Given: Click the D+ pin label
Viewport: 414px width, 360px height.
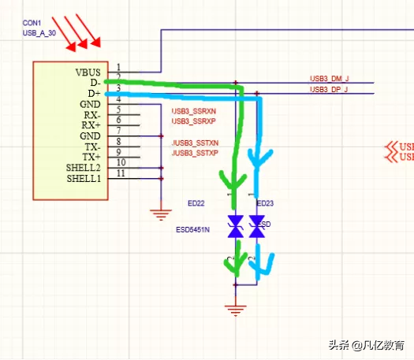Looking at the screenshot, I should pyautogui.click(x=94, y=93).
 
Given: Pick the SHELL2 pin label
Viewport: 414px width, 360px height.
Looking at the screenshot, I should pyautogui.click(x=84, y=168).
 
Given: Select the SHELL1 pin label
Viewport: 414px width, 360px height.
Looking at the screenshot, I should pyautogui.click(x=84, y=179).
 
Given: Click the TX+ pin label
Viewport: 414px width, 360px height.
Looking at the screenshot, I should pyautogui.click(x=92, y=158).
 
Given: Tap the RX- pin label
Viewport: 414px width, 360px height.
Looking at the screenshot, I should pyautogui.click(x=92, y=114).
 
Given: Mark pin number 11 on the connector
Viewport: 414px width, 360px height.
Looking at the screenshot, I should pyautogui.click(x=120, y=173).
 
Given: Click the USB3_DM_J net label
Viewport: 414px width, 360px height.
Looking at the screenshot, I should pyautogui.click(x=329, y=79).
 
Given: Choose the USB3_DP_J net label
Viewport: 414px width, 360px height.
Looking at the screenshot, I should pyautogui.click(x=329, y=90).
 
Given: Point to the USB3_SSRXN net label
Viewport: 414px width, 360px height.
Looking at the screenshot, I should pyautogui.click(x=194, y=111).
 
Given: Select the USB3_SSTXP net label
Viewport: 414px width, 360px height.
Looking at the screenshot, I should pyautogui.click(x=194, y=153).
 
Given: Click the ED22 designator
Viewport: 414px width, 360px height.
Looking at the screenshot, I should pyautogui.click(x=196, y=204).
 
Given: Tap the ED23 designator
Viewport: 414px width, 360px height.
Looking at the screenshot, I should pyautogui.click(x=266, y=204).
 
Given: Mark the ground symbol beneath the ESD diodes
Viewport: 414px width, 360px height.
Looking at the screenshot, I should pyautogui.click(x=233, y=308).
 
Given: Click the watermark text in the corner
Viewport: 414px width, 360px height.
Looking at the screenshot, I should pyautogui.click(x=367, y=344).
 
